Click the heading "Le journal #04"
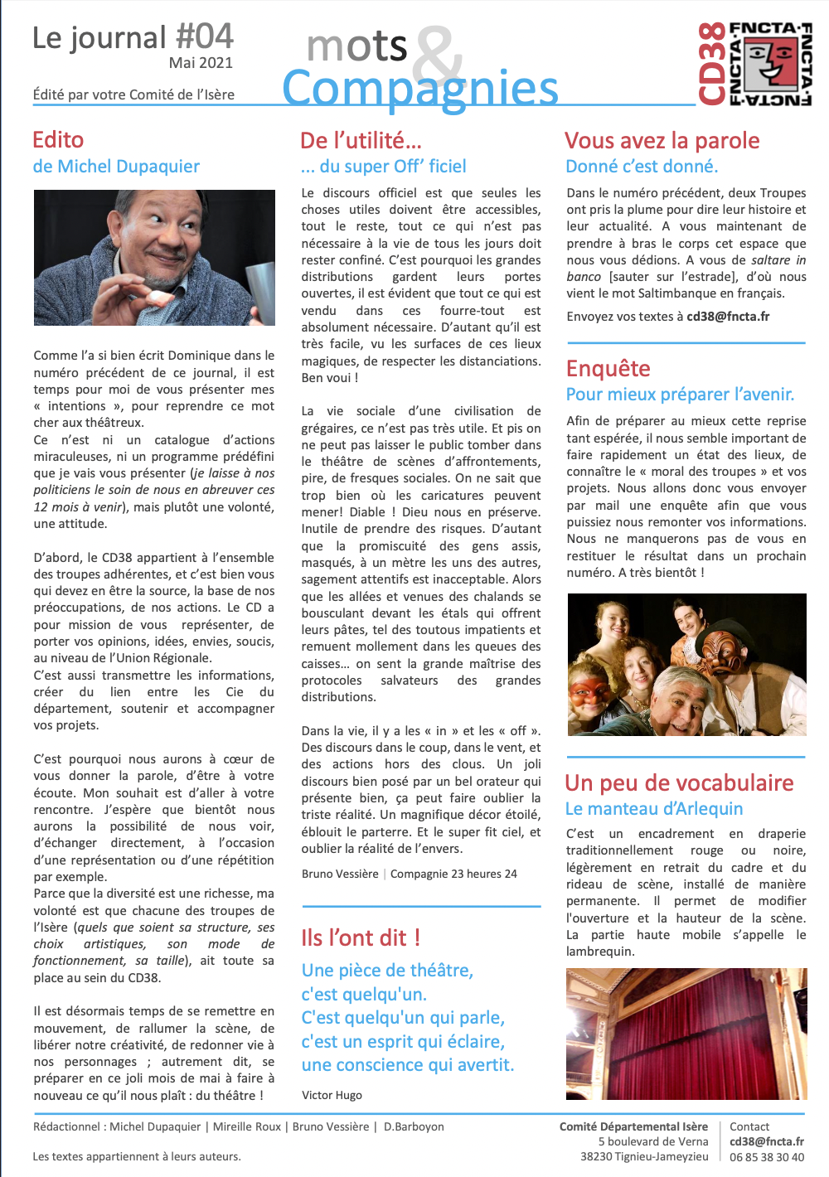tap(133, 37)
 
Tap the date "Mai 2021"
tap(201, 63)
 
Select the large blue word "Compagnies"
tap(419, 89)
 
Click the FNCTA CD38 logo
tap(754, 64)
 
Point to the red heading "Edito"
tap(58, 139)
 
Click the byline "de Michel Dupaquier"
tap(116, 167)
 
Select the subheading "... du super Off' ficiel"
tap(384, 167)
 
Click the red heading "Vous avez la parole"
tap(662, 140)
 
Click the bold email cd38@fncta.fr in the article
tap(728, 316)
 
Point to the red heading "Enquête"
tap(608, 368)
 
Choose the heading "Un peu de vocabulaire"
tap(679, 782)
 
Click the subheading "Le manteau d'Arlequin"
tap(654, 809)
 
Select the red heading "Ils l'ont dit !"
tap(361, 937)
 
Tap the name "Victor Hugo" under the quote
tap(332, 1095)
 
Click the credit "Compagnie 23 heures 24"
tap(453, 874)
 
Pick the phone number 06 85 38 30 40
tap(767, 1157)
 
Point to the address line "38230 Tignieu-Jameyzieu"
tap(644, 1157)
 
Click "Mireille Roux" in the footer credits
tap(247, 1126)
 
